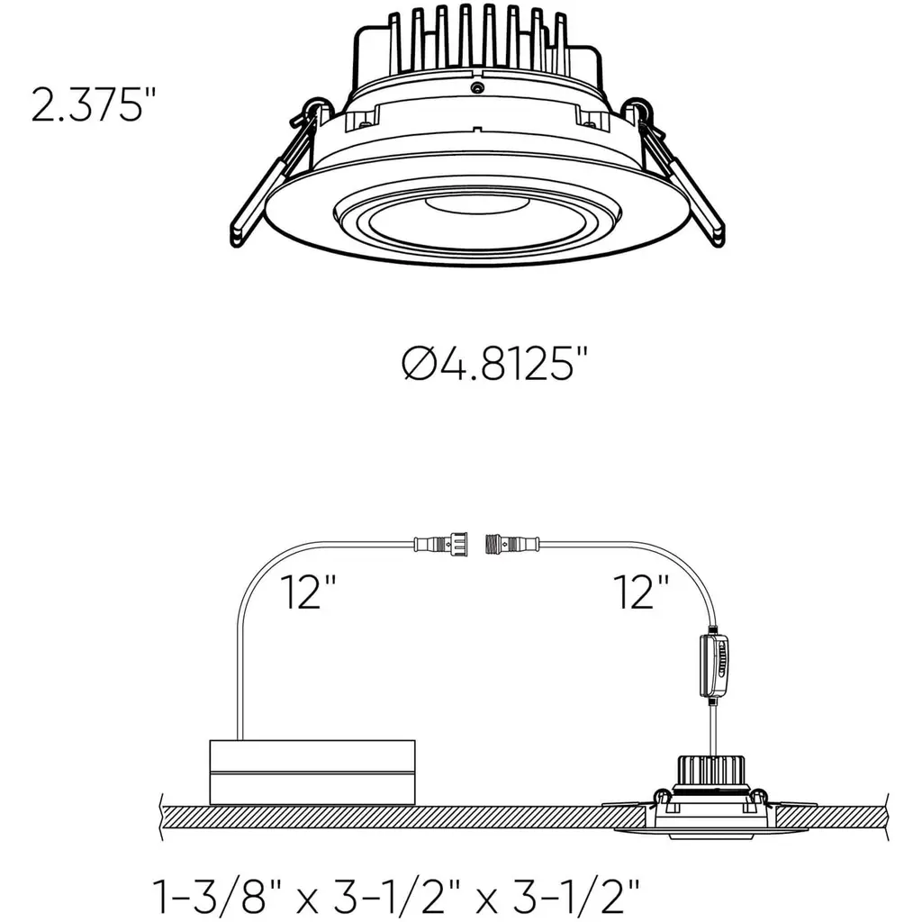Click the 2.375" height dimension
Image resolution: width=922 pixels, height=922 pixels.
(x=94, y=105)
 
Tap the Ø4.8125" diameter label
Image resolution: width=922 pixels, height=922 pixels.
(x=495, y=364)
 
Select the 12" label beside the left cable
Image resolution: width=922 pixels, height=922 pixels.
(x=308, y=592)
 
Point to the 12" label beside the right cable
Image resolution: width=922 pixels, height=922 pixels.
(x=640, y=592)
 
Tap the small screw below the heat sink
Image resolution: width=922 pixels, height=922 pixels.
(x=477, y=88)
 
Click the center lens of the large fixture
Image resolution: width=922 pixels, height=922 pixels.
(x=477, y=223)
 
